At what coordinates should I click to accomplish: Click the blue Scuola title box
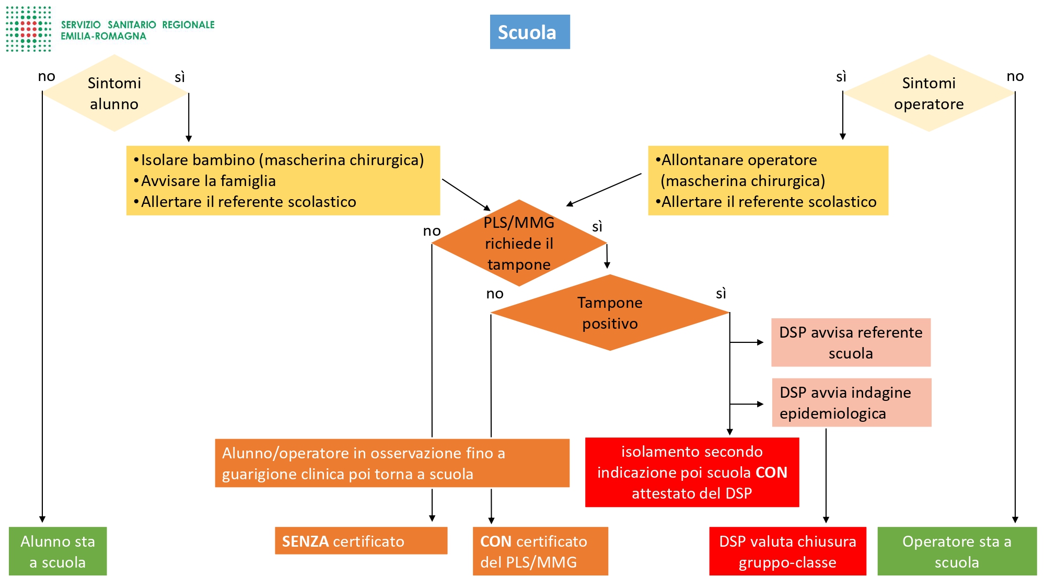(x=529, y=32)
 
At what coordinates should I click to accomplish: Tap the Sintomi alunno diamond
(x=114, y=93)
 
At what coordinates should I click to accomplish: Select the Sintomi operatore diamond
(x=928, y=93)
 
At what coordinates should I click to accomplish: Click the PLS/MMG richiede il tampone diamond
(x=519, y=243)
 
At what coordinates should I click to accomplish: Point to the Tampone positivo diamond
(x=610, y=313)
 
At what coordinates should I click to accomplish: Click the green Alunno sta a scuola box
(x=57, y=551)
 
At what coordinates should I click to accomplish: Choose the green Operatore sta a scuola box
(x=957, y=551)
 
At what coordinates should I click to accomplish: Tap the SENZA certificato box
(x=361, y=541)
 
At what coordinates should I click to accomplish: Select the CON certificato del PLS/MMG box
(x=540, y=551)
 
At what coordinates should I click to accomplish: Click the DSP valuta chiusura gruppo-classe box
(x=787, y=551)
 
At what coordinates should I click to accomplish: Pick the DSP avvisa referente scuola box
(x=851, y=342)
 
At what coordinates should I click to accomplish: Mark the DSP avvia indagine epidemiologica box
(x=852, y=402)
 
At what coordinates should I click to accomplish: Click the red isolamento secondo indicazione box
(x=692, y=472)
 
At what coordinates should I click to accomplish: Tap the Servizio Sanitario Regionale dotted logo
(x=29, y=29)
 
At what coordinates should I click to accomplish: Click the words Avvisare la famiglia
(x=208, y=181)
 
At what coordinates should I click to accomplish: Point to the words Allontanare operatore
(x=739, y=160)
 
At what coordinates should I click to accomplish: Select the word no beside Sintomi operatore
(x=1015, y=76)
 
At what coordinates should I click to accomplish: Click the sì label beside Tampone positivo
(x=721, y=294)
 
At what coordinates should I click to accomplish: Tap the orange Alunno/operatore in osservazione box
(x=392, y=463)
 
